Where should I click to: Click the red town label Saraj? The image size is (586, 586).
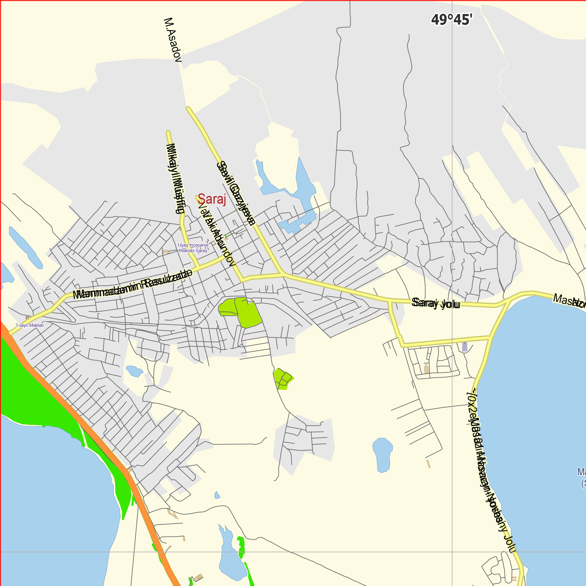pyautogui.click(x=212, y=199)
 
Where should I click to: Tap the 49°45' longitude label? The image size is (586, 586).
pyautogui.click(x=452, y=20)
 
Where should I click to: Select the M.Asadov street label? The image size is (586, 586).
pyautogui.click(x=173, y=40)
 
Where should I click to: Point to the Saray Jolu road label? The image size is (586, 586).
pyautogui.click(x=436, y=303)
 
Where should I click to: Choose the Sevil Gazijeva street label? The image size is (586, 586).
pyautogui.click(x=236, y=193)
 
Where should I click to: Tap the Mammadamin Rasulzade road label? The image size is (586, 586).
pyautogui.click(x=132, y=285)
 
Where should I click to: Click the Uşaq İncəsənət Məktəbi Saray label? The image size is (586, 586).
pyautogui.click(x=193, y=248)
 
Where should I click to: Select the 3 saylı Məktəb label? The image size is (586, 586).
pyautogui.click(x=29, y=326)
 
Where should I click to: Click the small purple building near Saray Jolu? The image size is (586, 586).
pyautogui.click(x=464, y=347)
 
